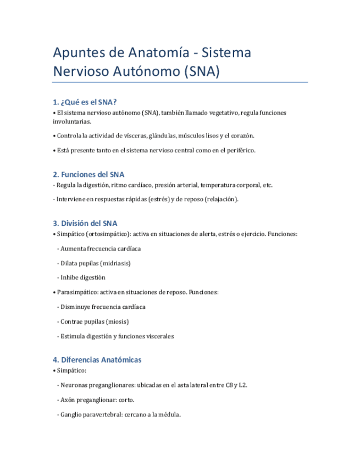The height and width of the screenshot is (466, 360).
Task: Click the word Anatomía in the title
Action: pyautogui.click(x=151, y=53)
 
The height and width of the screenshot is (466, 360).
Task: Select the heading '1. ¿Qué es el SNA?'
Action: pyautogui.click(x=85, y=102)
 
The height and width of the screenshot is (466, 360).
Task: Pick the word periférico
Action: pyautogui.click(x=239, y=150)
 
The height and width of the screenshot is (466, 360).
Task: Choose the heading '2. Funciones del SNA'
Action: pyautogui.click(x=88, y=174)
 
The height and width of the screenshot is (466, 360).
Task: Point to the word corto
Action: pyautogui.click(x=126, y=400)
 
